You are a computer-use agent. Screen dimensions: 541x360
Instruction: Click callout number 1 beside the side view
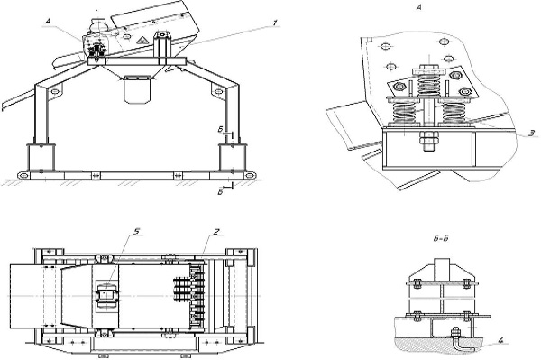coord(275,23)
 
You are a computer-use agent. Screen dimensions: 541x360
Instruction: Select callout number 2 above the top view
coord(216,232)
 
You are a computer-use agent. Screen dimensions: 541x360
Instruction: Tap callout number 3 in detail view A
coord(532,133)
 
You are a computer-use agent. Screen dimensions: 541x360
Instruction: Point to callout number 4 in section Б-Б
coord(500,341)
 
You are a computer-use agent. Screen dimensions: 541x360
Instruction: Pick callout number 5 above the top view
coord(137,231)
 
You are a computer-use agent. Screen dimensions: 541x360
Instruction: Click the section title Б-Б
coord(440,238)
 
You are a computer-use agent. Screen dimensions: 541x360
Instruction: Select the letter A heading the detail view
coord(419,7)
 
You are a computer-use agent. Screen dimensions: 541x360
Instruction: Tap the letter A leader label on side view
coord(48,22)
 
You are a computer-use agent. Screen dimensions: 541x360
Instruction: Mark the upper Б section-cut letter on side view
coord(221,129)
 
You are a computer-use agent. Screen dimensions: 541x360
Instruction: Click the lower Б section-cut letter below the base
coord(221,192)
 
